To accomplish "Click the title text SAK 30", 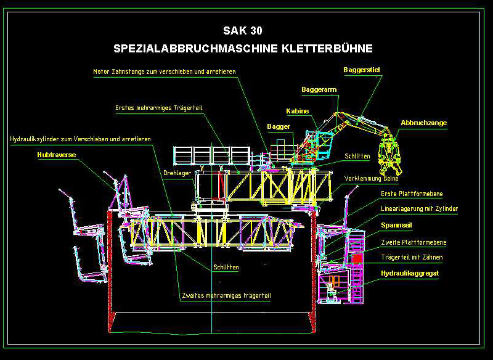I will (x=246, y=30).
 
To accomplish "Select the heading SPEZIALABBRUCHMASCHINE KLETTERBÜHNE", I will (x=243, y=48).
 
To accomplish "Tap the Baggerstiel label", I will (x=361, y=70).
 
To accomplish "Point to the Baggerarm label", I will (x=319, y=90).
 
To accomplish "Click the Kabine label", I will (x=297, y=111).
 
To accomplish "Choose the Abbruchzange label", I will (x=423, y=123).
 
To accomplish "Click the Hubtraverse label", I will (x=56, y=155).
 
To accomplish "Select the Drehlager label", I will (x=177, y=173).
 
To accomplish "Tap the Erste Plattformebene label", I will (x=412, y=194).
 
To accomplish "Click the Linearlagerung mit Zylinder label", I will (x=419, y=209).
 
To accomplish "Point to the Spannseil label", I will (x=397, y=225).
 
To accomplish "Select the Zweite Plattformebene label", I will (x=413, y=242).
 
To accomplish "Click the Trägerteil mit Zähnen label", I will (x=412, y=257).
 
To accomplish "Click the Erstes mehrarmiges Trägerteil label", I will (x=159, y=108).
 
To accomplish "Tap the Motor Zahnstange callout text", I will (x=165, y=72).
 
